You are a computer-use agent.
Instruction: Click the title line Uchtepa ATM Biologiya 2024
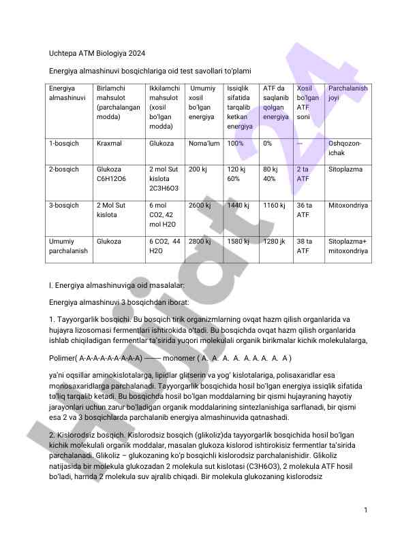click(x=97, y=53)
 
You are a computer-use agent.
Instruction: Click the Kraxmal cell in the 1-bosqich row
click(x=109, y=144)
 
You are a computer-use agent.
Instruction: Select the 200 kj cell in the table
click(x=198, y=169)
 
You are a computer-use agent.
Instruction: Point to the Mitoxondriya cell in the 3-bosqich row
click(x=348, y=206)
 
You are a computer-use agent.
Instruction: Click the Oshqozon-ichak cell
click(x=345, y=148)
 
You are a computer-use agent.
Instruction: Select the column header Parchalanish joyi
click(x=347, y=93)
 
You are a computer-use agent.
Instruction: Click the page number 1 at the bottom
click(x=366, y=510)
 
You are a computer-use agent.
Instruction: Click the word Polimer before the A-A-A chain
click(x=63, y=357)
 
